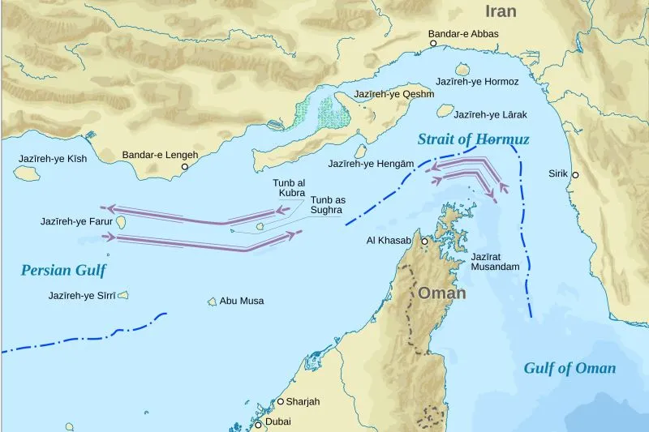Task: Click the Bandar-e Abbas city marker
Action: click(x=434, y=45)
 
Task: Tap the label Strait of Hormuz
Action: click(x=473, y=139)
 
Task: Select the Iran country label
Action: click(x=501, y=11)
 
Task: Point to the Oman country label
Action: click(x=441, y=293)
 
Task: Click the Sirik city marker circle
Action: click(x=575, y=175)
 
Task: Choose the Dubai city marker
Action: click(x=259, y=425)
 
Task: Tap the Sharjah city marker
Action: click(x=281, y=401)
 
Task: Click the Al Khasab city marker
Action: click(x=424, y=241)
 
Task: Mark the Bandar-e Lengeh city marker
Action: click(x=185, y=167)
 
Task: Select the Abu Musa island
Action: click(x=213, y=302)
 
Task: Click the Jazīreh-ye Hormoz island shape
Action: click(x=463, y=70)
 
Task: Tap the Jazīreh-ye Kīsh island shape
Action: click(x=27, y=172)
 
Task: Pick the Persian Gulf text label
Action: click(x=64, y=270)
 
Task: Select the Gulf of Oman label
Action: click(x=569, y=368)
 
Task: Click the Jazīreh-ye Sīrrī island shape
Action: click(x=123, y=295)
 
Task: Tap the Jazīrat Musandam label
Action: click(x=494, y=260)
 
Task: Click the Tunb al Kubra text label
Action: click(x=289, y=188)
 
